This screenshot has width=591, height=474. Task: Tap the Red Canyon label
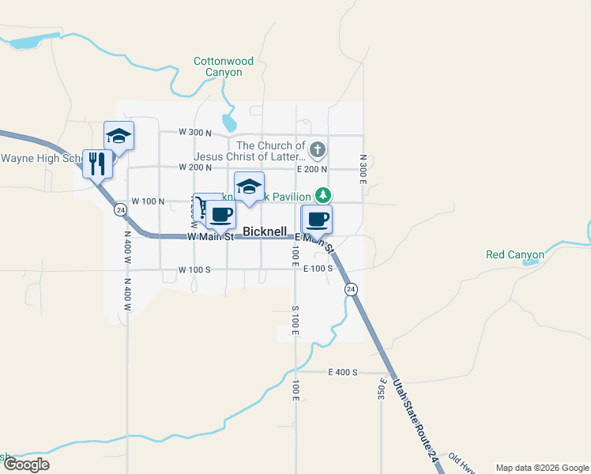(x=515, y=254)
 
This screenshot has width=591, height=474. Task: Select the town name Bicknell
(x=265, y=231)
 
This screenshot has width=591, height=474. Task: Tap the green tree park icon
(x=322, y=194)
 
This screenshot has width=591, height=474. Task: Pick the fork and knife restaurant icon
(x=97, y=164)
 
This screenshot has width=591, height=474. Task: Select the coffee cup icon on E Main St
(x=318, y=219)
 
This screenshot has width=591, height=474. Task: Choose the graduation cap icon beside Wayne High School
(x=119, y=136)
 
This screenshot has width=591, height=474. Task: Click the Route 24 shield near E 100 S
(x=351, y=290)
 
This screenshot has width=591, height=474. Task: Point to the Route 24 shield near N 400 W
(x=119, y=209)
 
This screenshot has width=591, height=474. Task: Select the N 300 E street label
(x=363, y=170)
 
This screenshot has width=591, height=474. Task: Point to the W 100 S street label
(x=194, y=269)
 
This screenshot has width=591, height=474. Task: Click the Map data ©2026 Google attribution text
(x=541, y=468)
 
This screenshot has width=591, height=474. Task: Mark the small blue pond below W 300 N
(x=229, y=123)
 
